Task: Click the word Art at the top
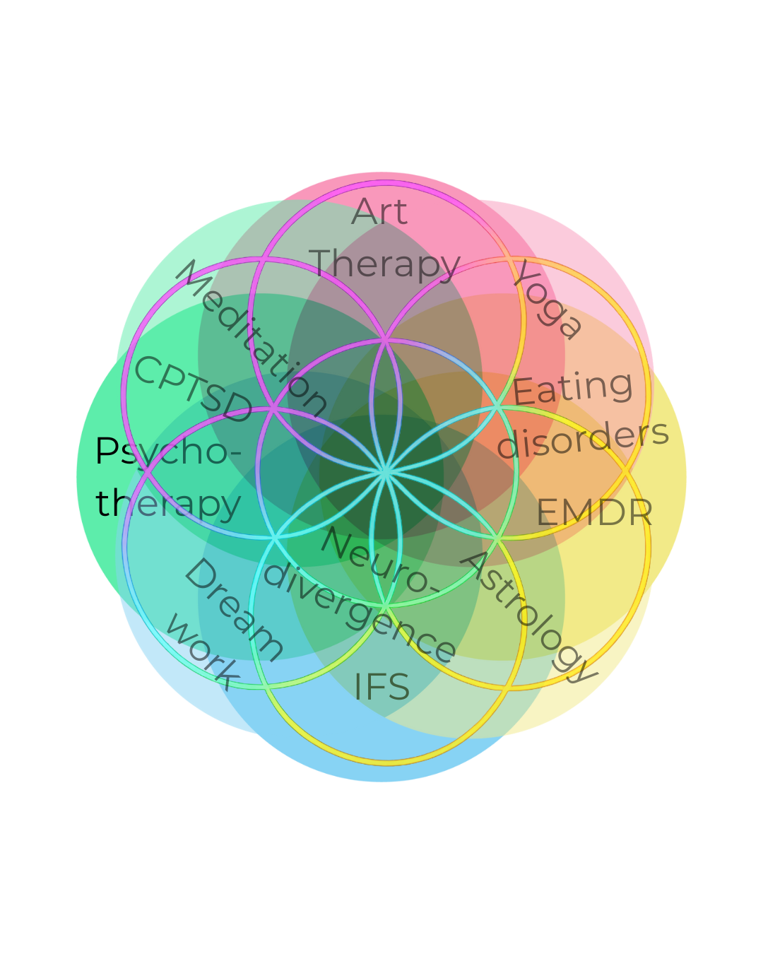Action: [379, 212]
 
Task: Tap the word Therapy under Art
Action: [384, 264]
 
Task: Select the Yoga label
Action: [548, 300]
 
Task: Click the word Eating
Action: [572, 388]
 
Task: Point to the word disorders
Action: [583, 438]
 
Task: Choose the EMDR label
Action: [594, 512]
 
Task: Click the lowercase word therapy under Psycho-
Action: [168, 503]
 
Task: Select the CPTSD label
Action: [193, 390]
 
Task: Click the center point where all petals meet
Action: [385, 472]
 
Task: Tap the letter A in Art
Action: [362, 212]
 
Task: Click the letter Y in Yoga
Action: [528, 276]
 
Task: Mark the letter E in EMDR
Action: [546, 512]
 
